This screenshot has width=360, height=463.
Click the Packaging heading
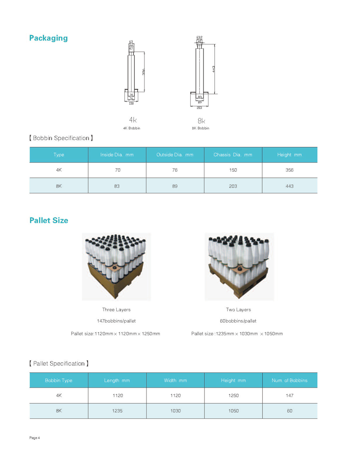(x=48, y=38)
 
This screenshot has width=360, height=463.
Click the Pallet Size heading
(x=49, y=220)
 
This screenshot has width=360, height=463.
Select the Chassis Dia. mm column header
(x=233, y=155)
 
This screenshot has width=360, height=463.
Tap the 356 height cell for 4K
(x=289, y=170)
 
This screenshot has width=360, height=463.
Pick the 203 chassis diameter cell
(x=233, y=186)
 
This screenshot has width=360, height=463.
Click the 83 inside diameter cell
(x=117, y=186)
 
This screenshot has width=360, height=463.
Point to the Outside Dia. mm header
(x=175, y=155)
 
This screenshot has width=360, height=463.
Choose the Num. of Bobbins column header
(x=289, y=380)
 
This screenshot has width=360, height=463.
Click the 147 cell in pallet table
(x=289, y=396)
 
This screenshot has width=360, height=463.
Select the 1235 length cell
(x=117, y=411)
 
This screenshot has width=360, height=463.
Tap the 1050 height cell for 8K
(x=233, y=411)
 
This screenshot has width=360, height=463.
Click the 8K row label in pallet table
(x=59, y=411)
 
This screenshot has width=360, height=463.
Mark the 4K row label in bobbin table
(x=59, y=170)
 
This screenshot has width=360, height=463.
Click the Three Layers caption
(x=116, y=309)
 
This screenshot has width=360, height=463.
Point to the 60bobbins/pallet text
(x=238, y=321)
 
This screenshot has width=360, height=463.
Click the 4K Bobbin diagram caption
(x=132, y=128)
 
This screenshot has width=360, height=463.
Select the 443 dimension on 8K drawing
(x=214, y=69)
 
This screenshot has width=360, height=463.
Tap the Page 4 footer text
(x=34, y=438)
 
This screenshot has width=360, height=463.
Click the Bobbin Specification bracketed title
(x=61, y=138)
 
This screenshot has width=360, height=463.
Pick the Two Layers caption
(x=238, y=309)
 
